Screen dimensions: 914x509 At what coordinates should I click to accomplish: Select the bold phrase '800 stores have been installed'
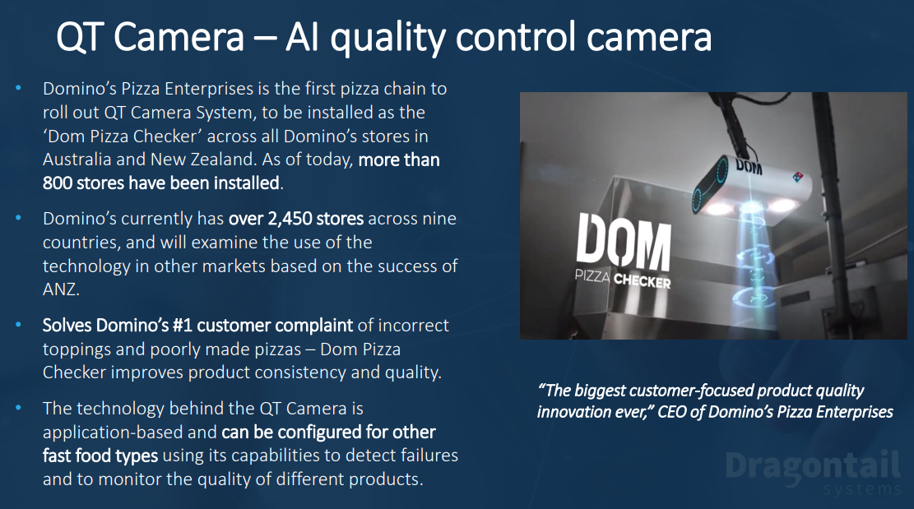coord(161,183)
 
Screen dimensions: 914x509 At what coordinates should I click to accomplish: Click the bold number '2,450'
coord(291,219)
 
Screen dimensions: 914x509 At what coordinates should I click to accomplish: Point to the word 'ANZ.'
coord(61,289)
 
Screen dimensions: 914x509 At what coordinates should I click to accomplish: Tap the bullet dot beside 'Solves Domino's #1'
coord(19,324)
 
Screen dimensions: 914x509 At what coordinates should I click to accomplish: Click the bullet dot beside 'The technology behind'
coord(19,408)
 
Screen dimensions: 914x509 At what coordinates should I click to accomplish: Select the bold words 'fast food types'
coord(100,456)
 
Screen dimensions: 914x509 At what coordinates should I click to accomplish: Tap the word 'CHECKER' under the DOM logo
coord(642,281)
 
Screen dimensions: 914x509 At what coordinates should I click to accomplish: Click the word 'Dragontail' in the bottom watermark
coord(814,466)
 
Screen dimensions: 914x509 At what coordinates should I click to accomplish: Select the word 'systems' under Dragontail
coord(862,489)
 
